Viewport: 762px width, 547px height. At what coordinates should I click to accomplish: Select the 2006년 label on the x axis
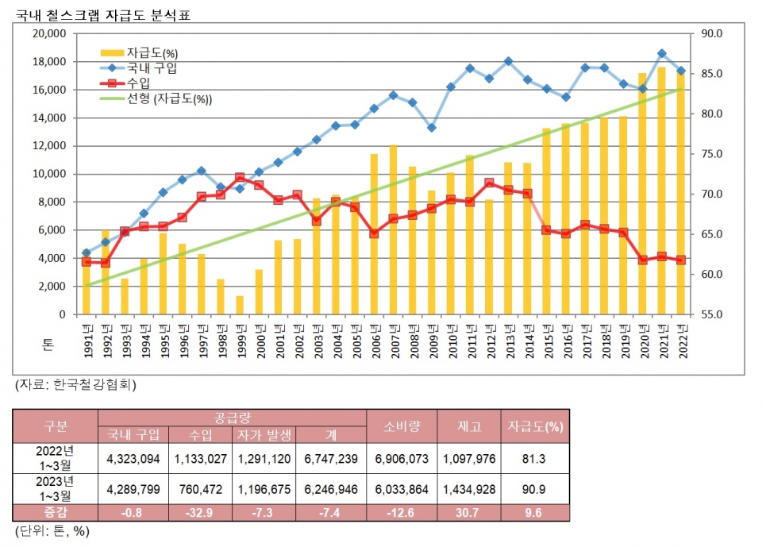374,337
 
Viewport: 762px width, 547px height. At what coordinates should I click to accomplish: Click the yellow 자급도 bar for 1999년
240,306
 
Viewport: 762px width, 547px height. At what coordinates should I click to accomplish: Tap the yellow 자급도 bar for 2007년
393,230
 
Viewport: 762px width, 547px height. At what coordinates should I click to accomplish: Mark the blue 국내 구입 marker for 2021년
661,53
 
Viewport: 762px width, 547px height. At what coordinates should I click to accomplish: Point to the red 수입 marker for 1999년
240,178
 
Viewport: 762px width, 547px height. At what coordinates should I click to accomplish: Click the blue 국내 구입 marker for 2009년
431,127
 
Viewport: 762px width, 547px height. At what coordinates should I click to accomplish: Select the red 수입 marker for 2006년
374,233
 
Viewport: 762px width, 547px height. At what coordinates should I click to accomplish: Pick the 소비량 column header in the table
402,426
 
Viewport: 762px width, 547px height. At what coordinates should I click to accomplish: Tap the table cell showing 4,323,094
133,458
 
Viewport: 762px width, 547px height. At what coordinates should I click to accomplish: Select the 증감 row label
56,513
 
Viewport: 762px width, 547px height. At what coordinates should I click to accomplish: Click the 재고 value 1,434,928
469,489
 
